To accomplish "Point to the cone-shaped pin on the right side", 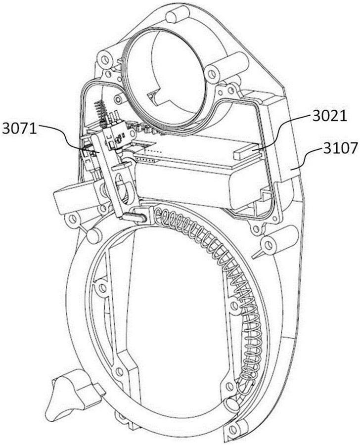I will [259, 255].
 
